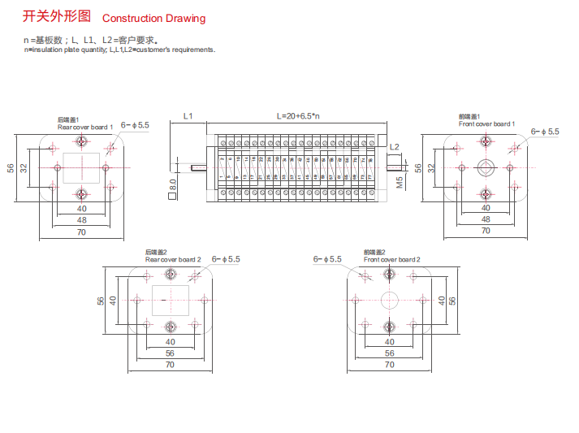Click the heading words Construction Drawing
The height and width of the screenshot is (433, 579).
(153, 18)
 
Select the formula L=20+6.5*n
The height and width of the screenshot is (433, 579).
(298, 116)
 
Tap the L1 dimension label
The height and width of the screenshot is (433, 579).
(188, 116)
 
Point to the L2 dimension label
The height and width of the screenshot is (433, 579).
(395, 147)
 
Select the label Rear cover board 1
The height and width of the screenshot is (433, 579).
(84, 128)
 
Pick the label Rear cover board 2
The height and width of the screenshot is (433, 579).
(173, 259)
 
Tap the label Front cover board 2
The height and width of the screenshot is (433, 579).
(391, 259)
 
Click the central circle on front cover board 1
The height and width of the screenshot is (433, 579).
(486, 167)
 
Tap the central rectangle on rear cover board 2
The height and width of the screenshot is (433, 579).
(171, 300)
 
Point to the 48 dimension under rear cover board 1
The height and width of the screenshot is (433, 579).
(81, 220)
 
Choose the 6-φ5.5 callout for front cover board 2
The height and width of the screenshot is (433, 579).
(327, 259)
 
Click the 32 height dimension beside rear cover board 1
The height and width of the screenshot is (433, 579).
(24, 167)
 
